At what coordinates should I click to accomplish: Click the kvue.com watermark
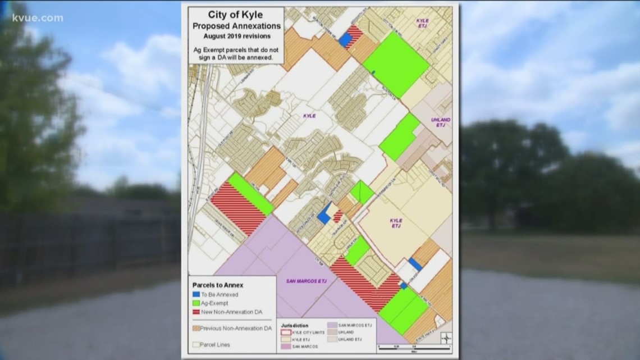click(x=38, y=18)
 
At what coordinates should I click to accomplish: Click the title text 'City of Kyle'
click(x=236, y=15)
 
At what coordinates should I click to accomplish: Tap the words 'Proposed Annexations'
click(x=236, y=26)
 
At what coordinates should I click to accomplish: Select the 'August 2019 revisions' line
click(x=236, y=35)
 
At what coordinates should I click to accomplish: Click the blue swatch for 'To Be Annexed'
click(x=196, y=295)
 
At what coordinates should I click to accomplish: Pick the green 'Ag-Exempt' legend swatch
click(x=196, y=303)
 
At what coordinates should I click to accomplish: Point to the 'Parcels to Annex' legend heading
click(x=218, y=285)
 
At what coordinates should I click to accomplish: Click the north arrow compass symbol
click(x=446, y=338)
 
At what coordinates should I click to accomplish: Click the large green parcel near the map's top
click(x=396, y=63)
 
